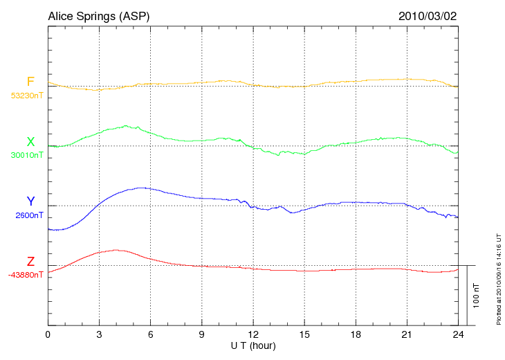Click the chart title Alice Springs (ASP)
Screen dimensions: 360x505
[98, 16]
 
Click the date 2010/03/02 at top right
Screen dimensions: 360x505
[428, 16]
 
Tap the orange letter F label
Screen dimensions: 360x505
[30, 82]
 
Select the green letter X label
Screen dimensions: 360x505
[30, 142]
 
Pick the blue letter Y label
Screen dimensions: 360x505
[30, 201]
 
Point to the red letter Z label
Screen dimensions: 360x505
[30, 262]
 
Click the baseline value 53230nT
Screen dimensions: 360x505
[26, 96]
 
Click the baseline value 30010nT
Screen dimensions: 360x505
[26, 156]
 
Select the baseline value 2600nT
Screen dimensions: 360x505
[29, 215]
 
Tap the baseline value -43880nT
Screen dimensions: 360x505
[26, 275]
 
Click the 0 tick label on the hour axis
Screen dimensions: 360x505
[48, 334]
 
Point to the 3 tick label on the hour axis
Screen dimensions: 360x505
[99, 334]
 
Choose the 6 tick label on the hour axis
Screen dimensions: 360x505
[151, 334]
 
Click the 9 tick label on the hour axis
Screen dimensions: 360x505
[202, 334]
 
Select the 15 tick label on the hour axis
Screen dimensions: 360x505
[304, 334]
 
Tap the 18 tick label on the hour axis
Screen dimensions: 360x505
[356, 334]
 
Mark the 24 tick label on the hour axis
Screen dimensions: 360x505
[458, 334]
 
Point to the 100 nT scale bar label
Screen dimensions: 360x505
[476, 295]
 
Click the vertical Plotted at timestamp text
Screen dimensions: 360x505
[498, 277]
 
